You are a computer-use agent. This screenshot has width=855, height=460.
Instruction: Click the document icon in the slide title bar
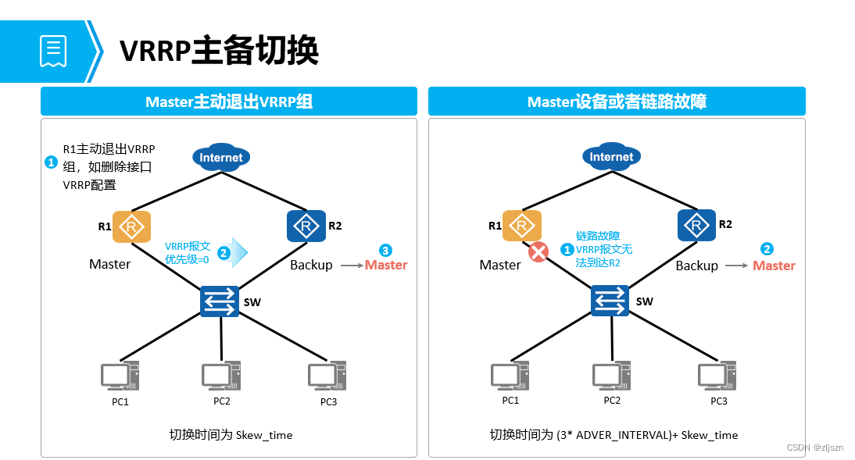(x=53, y=51)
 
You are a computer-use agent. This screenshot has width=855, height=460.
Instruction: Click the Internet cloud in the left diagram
(x=221, y=157)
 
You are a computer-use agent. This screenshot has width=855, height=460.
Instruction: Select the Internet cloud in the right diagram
(x=611, y=156)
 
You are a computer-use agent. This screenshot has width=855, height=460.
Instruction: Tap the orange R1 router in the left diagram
(x=131, y=226)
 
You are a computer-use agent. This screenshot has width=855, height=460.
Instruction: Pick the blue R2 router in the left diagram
(x=306, y=226)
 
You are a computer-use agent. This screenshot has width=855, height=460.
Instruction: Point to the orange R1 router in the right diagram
(x=521, y=226)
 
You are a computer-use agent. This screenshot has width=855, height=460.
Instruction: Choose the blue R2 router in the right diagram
(x=696, y=225)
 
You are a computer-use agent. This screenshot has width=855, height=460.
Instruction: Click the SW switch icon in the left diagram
(x=219, y=301)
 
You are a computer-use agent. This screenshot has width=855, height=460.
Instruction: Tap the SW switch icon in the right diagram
(x=609, y=301)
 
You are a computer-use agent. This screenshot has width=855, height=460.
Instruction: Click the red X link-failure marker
(x=538, y=252)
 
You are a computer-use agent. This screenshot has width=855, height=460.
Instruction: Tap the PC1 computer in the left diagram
(x=120, y=376)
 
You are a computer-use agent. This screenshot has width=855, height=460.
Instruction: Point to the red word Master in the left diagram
(x=386, y=265)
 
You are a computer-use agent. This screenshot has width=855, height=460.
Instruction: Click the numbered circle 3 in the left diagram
(x=385, y=250)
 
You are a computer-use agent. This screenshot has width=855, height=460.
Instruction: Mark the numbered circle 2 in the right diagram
(x=767, y=249)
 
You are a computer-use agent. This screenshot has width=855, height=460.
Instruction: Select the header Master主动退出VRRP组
(x=228, y=102)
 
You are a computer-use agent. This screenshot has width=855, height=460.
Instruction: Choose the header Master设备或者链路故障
(x=617, y=102)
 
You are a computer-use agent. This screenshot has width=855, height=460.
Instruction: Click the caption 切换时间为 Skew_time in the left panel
(x=231, y=434)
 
